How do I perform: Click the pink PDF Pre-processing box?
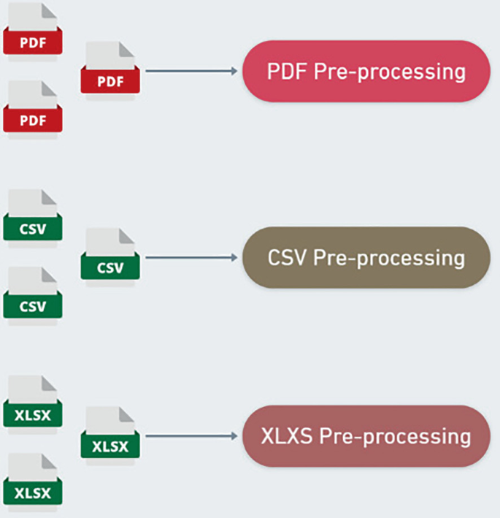point(366,71)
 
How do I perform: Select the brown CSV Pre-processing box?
point(366,257)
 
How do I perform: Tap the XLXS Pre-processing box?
point(366,436)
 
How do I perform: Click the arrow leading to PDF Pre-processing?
point(193,71)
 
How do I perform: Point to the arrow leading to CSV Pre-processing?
point(193,257)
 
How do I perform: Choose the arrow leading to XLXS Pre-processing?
point(193,436)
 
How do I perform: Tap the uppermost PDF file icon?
point(33,31)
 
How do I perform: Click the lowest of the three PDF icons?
point(33,108)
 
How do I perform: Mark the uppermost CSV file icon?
point(33,217)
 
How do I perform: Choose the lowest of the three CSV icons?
point(33,294)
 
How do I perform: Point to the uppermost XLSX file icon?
point(33,403)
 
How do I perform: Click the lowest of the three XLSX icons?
point(33,481)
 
